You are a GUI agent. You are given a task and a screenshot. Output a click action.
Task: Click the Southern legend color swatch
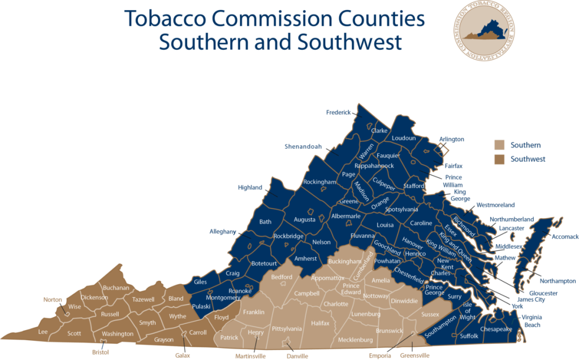click(499, 145)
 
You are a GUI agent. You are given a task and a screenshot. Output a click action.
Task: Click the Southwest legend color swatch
click(499, 159)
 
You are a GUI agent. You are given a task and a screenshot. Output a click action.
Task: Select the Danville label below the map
click(296, 356)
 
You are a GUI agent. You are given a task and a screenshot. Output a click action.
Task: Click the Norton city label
click(53, 300)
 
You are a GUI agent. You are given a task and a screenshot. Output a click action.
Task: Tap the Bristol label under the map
click(101, 352)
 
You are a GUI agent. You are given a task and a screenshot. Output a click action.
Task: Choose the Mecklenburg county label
click(355, 340)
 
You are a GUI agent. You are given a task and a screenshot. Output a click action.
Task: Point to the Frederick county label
click(339, 112)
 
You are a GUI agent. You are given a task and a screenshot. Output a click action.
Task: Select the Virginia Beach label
click(531, 321)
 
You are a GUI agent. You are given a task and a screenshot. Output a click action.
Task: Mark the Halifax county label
click(319, 323)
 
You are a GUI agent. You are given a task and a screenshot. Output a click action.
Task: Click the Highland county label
click(250, 188)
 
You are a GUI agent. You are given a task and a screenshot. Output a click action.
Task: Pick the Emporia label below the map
click(380, 355)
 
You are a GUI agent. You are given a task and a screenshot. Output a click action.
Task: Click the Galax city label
click(183, 355)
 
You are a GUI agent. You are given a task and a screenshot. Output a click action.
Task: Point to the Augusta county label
click(304, 219)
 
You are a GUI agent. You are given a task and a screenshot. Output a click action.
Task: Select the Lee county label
click(43, 332)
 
